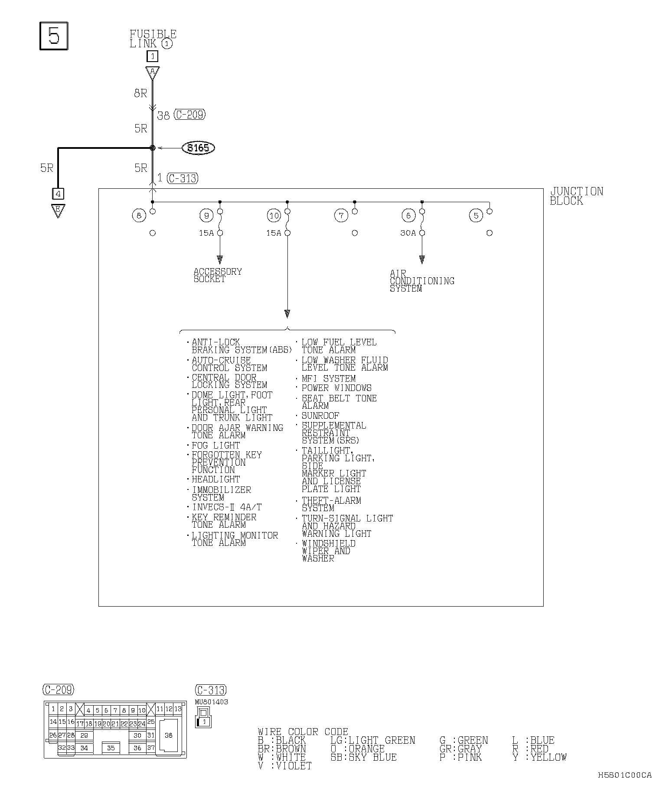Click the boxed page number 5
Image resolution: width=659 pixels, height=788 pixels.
pyautogui.click(x=54, y=36)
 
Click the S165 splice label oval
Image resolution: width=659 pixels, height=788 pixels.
pyautogui.click(x=199, y=148)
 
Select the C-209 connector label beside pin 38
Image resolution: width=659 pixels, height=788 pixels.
pyautogui.click(x=189, y=115)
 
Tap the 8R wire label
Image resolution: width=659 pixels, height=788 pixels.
pyautogui.click(x=140, y=93)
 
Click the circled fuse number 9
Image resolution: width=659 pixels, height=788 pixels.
pyautogui.click(x=206, y=215)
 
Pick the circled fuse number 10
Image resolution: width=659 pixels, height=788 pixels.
pyautogui.click(x=274, y=215)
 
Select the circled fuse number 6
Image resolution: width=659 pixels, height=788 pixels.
pyautogui.click(x=408, y=215)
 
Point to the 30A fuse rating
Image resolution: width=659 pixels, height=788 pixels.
pyautogui.click(x=408, y=233)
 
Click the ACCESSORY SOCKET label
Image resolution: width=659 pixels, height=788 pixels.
pyautogui.click(x=218, y=275)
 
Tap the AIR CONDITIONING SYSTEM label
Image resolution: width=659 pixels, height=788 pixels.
pyautogui.click(x=421, y=281)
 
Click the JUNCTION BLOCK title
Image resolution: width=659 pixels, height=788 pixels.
pyautogui.click(x=576, y=196)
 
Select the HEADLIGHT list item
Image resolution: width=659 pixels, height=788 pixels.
pyautogui.click(x=216, y=479)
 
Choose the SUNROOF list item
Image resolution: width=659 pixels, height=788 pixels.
pyautogui.click(x=320, y=416)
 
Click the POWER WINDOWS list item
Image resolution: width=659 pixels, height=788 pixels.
pyautogui.click(x=336, y=388)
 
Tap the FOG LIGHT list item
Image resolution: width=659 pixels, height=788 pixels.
pyautogui.click(x=216, y=446)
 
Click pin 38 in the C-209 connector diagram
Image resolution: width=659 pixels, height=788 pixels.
pyautogui.click(x=169, y=735)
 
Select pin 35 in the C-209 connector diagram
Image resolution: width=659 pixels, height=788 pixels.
pyautogui.click(x=111, y=748)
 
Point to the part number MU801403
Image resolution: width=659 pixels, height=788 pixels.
pyautogui.click(x=212, y=702)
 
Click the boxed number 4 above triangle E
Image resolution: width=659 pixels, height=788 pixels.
pyautogui.click(x=58, y=194)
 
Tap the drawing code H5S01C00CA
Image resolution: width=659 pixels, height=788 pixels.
pyautogui.click(x=625, y=775)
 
